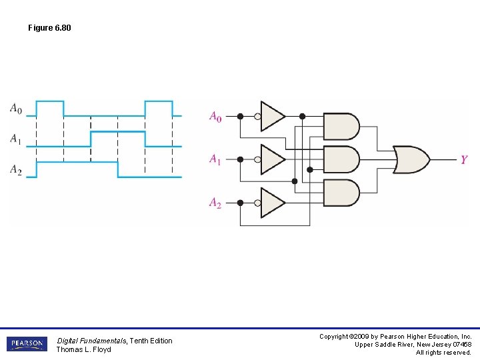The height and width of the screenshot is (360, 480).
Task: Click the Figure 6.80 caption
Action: [49, 28]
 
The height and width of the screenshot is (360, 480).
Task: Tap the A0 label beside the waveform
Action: [15, 108]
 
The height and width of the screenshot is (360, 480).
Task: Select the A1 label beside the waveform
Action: [15, 139]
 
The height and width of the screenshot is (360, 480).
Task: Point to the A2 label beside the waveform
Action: [15, 170]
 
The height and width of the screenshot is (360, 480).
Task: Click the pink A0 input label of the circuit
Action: [215, 117]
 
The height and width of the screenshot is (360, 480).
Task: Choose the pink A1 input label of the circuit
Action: [215, 159]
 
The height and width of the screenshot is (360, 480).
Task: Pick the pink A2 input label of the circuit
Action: [215, 203]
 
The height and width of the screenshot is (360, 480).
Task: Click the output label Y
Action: [464, 159]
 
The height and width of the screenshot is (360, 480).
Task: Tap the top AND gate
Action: [341, 126]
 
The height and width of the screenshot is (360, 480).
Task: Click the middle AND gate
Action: [341, 159]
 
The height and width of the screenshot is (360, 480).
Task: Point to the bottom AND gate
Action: [341, 193]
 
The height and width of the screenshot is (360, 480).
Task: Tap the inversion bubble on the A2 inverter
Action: [257, 203]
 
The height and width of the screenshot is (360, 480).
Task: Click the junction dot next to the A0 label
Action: [240, 116]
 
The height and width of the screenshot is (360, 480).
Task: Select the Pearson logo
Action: [27, 344]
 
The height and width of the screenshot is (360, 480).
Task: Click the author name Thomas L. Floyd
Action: [83, 349]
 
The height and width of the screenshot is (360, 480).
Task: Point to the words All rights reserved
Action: [443, 353]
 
